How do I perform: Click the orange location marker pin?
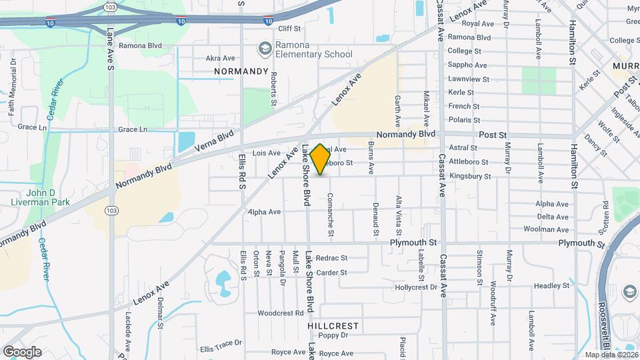point(320,159)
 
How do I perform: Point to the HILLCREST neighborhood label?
point(333,326)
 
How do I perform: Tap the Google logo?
point(21,352)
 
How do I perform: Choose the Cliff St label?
point(289,29)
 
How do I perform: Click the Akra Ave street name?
point(221,58)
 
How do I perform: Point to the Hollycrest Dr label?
point(415,287)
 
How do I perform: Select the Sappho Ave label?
point(467,65)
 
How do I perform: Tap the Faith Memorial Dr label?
point(13,87)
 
